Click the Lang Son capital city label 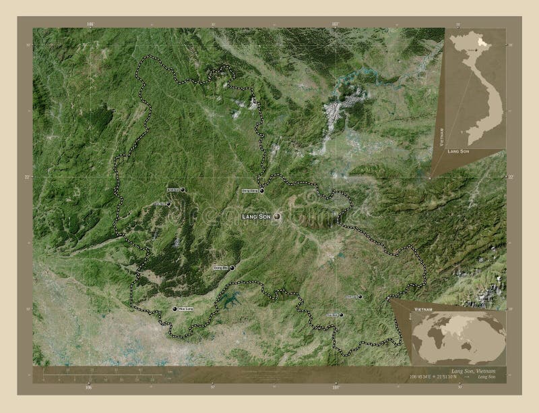[x=257, y=216]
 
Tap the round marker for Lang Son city [x=277, y=217]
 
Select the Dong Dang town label [x=249, y=191]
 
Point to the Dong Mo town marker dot [x=232, y=269]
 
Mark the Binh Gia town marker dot [x=182, y=190]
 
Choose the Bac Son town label [x=159, y=203]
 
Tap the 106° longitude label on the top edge [x=90, y=24]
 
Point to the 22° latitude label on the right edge [x=511, y=177]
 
